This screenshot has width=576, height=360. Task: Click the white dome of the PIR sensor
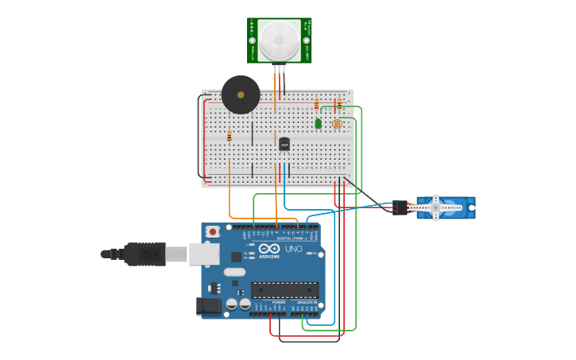(279, 39)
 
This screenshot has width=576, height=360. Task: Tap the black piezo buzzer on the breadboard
(241, 95)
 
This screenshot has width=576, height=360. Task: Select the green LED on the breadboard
(319, 123)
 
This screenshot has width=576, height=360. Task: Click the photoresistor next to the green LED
(337, 124)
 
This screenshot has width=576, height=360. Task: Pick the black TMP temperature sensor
(284, 144)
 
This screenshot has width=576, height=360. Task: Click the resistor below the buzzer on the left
(229, 136)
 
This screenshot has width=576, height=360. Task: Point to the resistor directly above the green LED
(316, 104)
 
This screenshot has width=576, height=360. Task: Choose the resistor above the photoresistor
(339, 103)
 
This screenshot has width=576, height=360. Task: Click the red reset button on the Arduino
(212, 231)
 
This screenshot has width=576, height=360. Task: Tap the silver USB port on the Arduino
(204, 254)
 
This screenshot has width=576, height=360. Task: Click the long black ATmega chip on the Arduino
(284, 290)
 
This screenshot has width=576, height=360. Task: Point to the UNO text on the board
(294, 249)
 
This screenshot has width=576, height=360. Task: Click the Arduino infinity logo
(269, 248)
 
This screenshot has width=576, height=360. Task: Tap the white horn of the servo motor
(435, 207)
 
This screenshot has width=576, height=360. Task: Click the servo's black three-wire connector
(400, 207)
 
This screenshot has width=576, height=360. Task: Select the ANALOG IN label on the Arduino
(307, 303)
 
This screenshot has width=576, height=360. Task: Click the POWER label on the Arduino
(279, 303)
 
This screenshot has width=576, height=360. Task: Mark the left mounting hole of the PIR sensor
(253, 40)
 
